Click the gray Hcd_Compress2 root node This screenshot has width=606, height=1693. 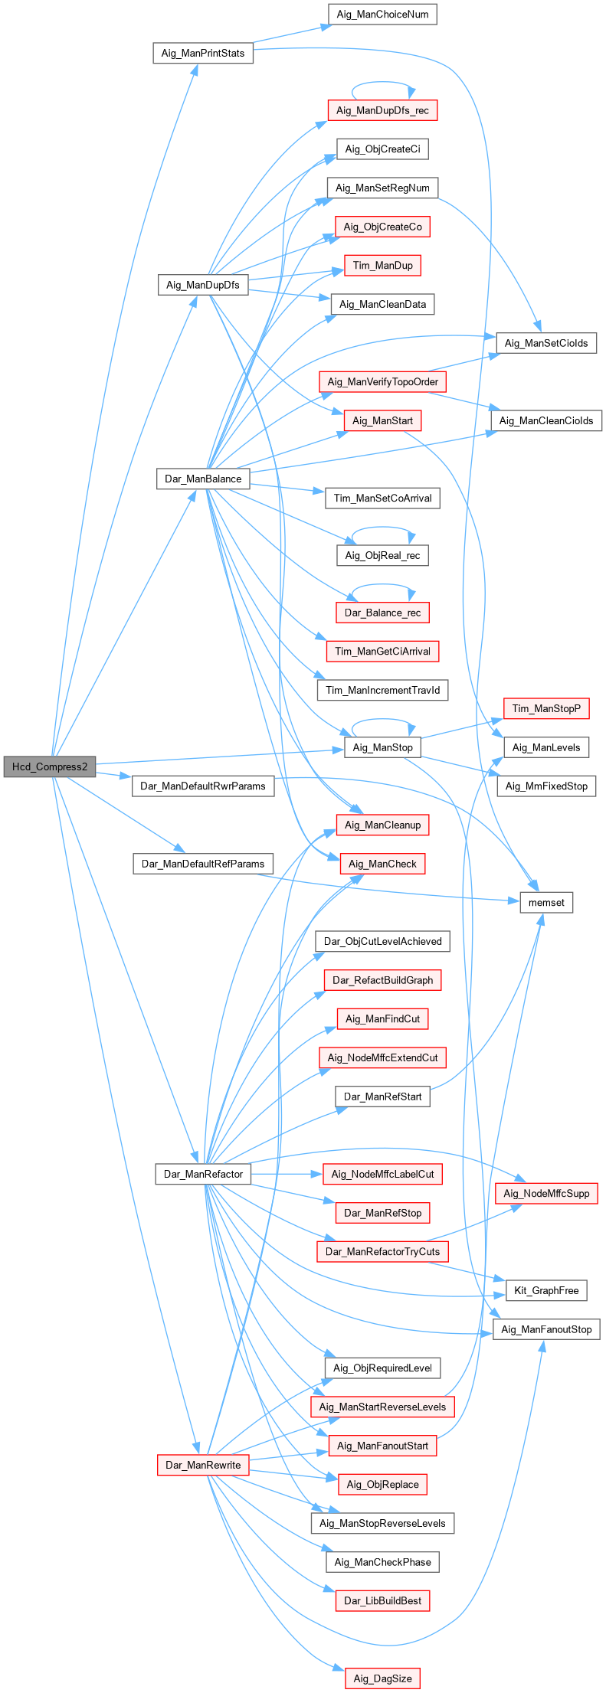pos(50,766)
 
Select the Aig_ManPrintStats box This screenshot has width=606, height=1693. pos(203,53)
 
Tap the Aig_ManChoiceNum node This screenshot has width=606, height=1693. pos(382,14)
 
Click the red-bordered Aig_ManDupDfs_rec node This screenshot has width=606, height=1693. pos(382,110)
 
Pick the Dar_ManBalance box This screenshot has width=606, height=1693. pos(203,479)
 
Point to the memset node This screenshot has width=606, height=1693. pos(546,902)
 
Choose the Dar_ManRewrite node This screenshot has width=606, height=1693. pos(203,1465)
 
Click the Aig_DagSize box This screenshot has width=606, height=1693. pos(382,1678)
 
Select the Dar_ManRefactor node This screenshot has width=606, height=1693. pos(203,1174)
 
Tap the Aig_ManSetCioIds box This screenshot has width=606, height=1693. pos(546,343)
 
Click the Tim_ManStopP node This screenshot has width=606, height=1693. pos(546,708)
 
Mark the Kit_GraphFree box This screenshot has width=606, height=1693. pos(546,1290)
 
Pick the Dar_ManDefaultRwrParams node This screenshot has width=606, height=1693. pos(203,786)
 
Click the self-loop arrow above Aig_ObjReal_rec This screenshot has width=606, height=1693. pos(382,528)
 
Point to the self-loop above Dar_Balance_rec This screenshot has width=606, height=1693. pos(382,586)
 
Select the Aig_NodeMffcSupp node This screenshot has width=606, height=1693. pos(546,1193)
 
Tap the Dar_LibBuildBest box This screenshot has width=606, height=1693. pos(382,1600)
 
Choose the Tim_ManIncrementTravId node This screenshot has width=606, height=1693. pos(382,690)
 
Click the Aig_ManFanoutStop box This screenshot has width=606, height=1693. pos(546,1329)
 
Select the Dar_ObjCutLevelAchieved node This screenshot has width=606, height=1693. pos(382,941)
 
